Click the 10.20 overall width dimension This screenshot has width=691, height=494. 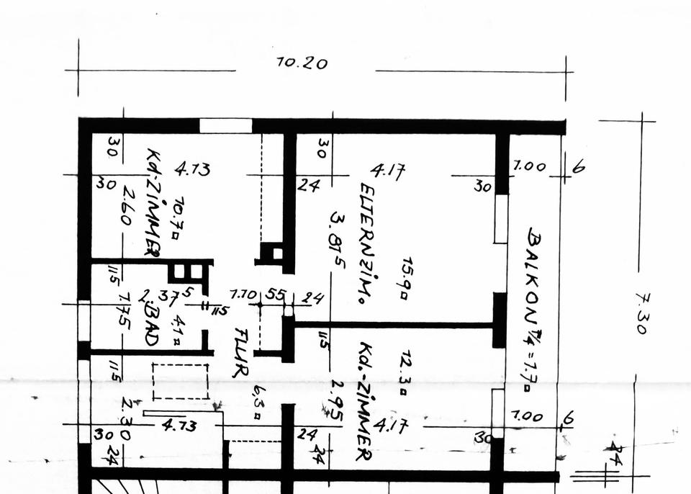[302, 63]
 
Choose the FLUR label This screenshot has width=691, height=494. [240, 353]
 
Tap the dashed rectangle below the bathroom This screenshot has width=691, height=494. [180, 382]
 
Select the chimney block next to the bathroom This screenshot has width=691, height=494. [184, 274]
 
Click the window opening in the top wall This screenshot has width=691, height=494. [225, 126]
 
